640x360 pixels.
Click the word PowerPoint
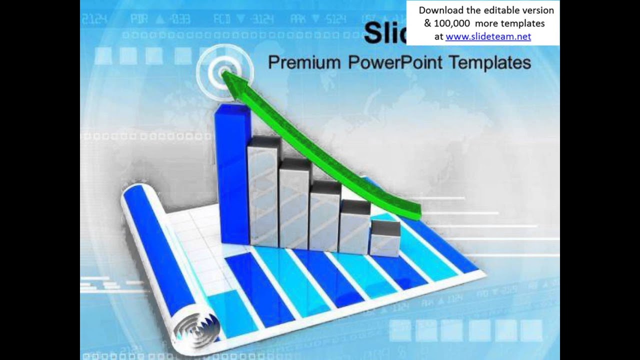click(394, 62)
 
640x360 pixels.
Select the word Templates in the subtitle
click(489, 62)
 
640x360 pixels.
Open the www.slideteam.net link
click(488, 36)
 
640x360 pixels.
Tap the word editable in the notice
click(502, 10)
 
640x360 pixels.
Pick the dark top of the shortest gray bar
click(385, 227)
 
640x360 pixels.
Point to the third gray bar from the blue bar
click(325, 217)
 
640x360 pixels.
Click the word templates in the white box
click(519, 23)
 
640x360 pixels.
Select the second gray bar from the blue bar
click(294, 205)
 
